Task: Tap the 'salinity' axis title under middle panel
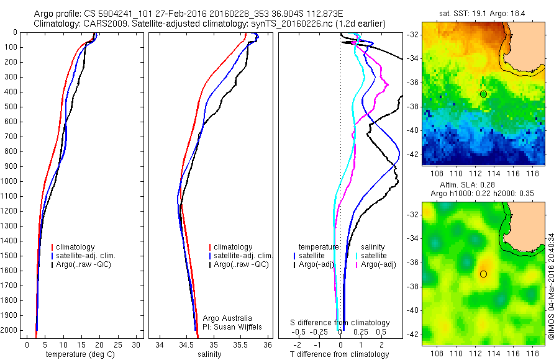(x=209, y=354)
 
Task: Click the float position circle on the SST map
(x=483, y=94)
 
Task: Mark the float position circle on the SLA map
(x=483, y=274)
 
